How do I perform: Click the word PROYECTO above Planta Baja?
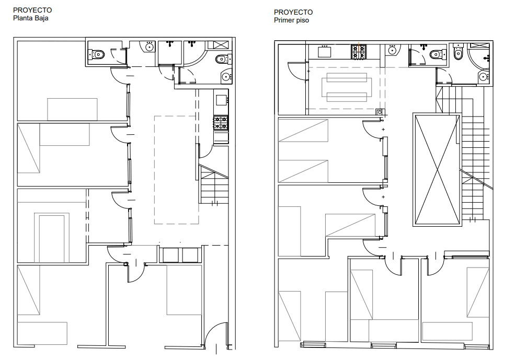[32, 10]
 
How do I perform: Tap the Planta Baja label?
[30, 18]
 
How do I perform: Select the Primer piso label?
[291, 20]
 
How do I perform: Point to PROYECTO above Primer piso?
[293, 12]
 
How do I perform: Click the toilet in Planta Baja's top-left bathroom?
[97, 54]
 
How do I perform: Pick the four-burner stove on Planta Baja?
[221, 122]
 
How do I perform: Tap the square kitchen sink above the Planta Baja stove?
[221, 100]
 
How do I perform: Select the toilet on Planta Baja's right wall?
[223, 60]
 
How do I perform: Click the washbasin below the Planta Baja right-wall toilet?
[226, 77]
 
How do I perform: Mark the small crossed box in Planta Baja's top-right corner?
[221, 45]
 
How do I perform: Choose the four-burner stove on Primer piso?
[359, 52]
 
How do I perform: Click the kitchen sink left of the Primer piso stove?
[324, 52]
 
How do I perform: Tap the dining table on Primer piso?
[347, 87]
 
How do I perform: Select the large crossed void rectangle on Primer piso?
[437, 169]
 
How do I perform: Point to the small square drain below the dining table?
[380, 112]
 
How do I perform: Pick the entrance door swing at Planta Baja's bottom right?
[215, 335]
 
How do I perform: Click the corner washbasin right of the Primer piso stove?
[393, 50]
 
